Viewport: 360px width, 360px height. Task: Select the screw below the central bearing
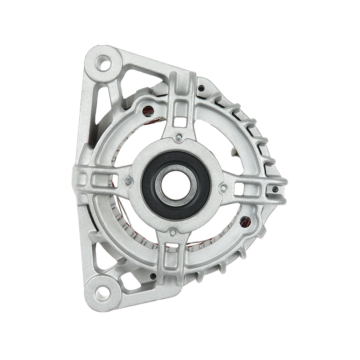pyautogui.click(x=173, y=233)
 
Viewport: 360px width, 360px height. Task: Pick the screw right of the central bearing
pyautogui.click(x=224, y=185)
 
